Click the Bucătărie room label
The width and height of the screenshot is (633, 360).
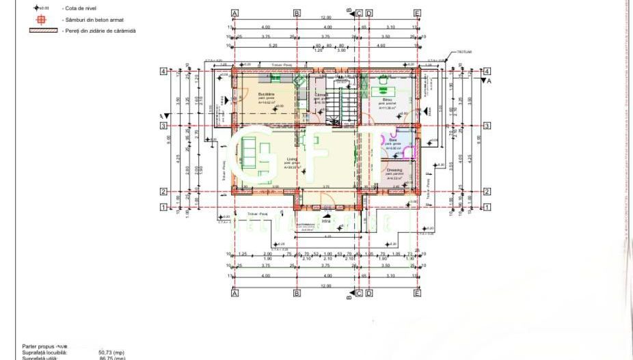pyautogui.click(x=266, y=94)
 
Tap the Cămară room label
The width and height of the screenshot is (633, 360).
pyautogui.click(x=322, y=94)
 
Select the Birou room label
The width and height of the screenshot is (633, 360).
pyautogui.click(x=387, y=100)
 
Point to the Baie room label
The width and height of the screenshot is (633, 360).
pyautogui.click(x=393, y=140)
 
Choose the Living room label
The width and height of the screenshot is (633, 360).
pyautogui.click(x=292, y=159)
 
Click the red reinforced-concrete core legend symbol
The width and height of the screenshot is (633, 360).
pyautogui.click(x=41, y=20)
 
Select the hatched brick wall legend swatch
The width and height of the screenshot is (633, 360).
pyautogui.click(x=42, y=31)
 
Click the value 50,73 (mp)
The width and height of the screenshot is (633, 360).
pyautogui.click(x=111, y=352)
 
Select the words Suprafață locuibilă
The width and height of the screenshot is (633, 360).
pyautogui.click(x=45, y=352)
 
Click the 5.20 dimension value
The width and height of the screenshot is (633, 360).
pyautogui.click(x=273, y=45)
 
